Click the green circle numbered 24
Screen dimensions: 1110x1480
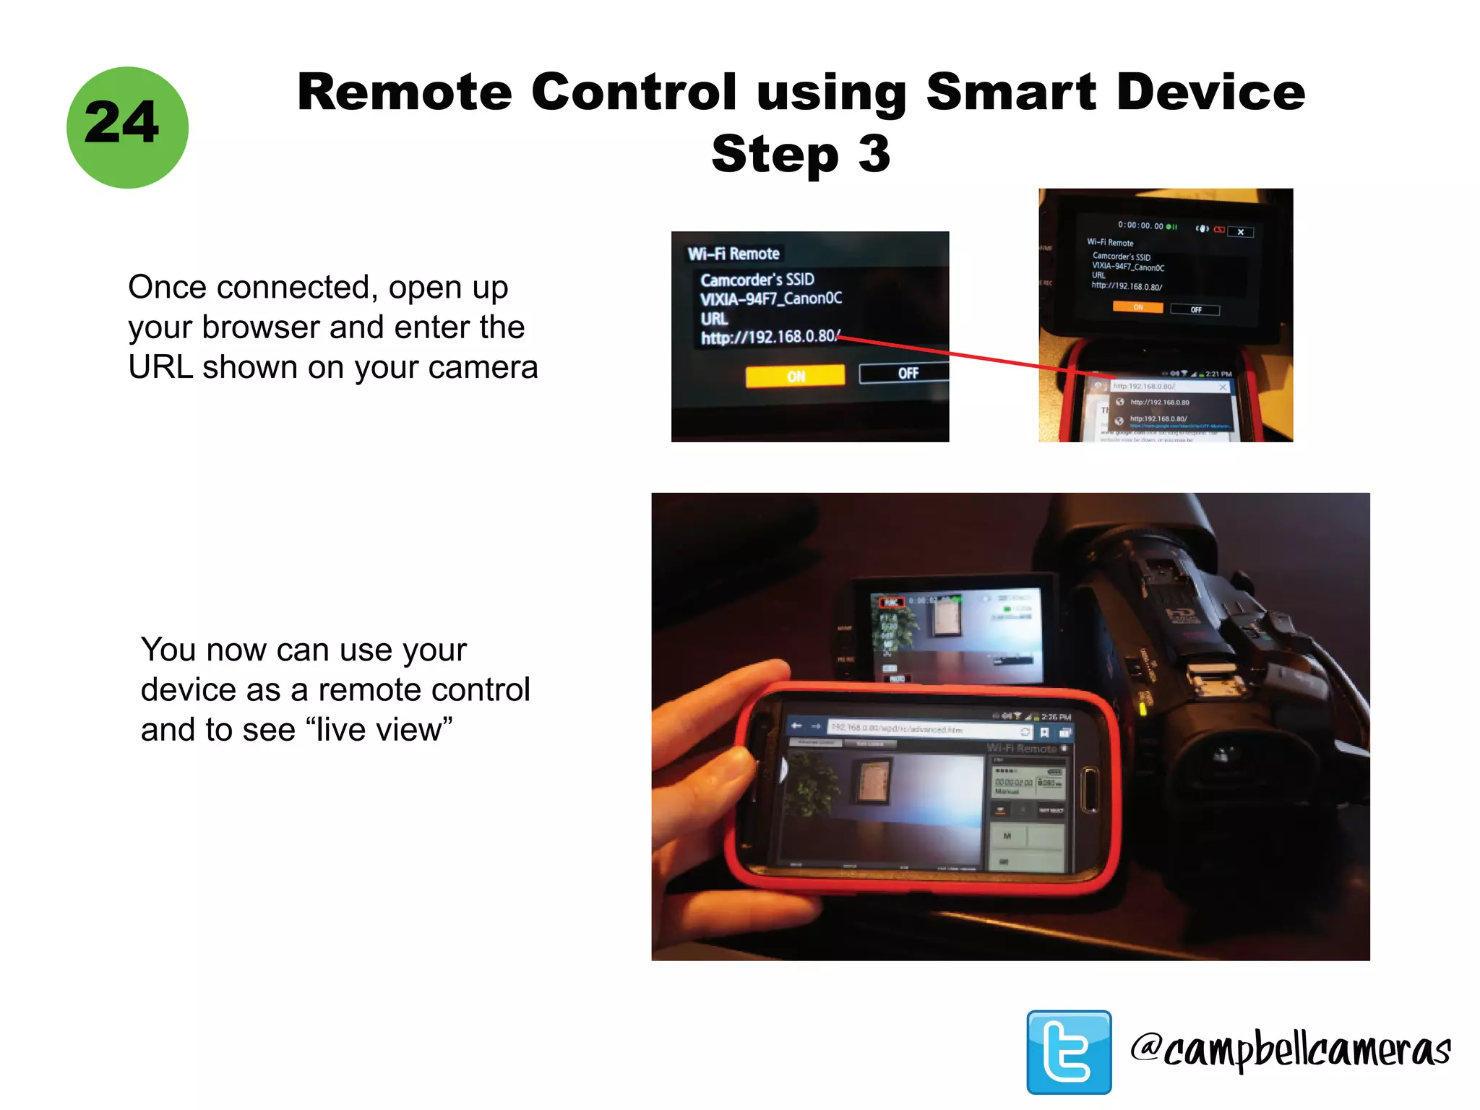point(127,127)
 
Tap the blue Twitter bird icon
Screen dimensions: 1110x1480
point(1069,1052)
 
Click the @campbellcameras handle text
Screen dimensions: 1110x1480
point(1291,1050)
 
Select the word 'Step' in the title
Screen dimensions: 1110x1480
point(774,154)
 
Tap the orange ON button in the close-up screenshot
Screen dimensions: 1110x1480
point(795,376)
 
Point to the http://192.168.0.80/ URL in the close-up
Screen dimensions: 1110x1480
point(769,337)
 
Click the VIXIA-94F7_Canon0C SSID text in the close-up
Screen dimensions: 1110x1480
point(770,298)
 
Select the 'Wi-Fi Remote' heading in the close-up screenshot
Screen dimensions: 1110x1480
point(733,254)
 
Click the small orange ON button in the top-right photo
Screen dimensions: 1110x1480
point(1137,308)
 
